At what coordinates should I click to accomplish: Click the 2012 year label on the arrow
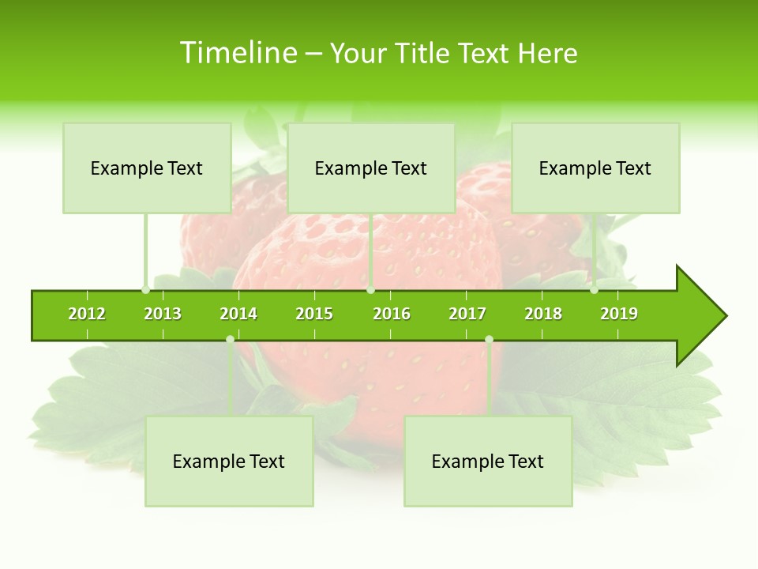(x=87, y=314)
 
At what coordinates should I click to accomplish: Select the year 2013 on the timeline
(x=163, y=314)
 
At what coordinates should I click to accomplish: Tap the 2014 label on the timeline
(x=238, y=314)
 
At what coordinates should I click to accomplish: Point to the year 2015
(x=314, y=314)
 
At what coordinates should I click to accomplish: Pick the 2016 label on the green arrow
(x=392, y=314)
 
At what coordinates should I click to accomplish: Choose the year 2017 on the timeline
(x=467, y=314)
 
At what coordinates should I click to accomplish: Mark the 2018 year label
(x=543, y=314)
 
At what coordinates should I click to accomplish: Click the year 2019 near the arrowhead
(x=619, y=314)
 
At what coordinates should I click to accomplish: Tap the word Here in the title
(x=547, y=53)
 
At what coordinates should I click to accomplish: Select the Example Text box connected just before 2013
(x=147, y=168)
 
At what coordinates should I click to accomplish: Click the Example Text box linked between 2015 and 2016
(x=371, y=168)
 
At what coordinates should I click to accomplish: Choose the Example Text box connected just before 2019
(x=595, y=168)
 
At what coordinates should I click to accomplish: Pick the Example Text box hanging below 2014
(x=229, y=462)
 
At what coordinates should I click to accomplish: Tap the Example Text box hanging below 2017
(x=488, y=462)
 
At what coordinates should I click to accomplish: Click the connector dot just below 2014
(x=230, y=339)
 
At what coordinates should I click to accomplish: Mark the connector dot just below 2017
(x=489, y=339)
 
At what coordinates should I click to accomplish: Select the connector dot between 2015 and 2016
(x=370, y=290)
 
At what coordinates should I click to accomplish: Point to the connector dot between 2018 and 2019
(x=594, y=290)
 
